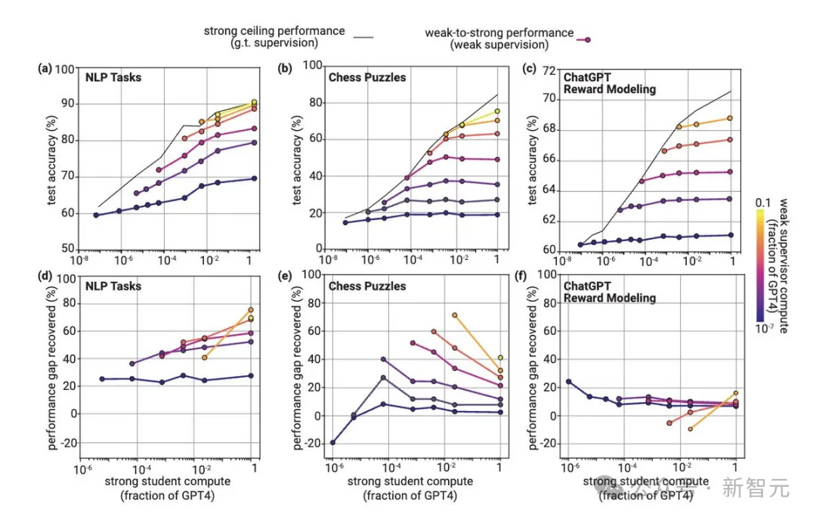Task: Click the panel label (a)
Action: (x=45, y=70)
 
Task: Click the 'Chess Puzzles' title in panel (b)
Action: (x=367, y=77)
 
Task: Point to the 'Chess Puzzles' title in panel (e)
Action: (x=367, y=286)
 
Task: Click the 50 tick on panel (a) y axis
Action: (x=67, y=249)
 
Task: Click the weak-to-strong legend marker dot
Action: (x=587, y=39)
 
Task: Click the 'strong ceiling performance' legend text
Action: (x=274, y=31)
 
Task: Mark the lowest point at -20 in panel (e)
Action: (x=332, y=443)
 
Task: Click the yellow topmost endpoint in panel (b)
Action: (x=497, y=111)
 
